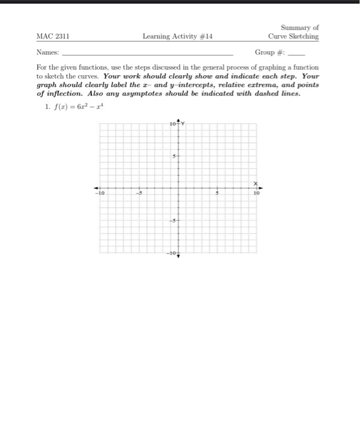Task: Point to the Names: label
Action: pyautogui.click(x=47, y=52)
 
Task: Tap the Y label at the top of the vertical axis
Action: pyautogui.click(x=185, y=124)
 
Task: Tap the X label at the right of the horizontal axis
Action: pyautogui.click(x=255, y=183)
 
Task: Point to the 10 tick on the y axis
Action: pyautogui.click(x=172, y=125)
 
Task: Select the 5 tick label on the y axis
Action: pyautogui.click(x=174, y=156)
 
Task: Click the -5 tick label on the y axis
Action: pyautogui.click(x=172, y=221)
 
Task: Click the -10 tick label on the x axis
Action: pyautogui.click(x=102, y=194)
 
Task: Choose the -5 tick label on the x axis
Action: pyautogui.click(x=138, y=194)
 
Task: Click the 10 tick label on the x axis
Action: pyautogui.click(x=255, y=194)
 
